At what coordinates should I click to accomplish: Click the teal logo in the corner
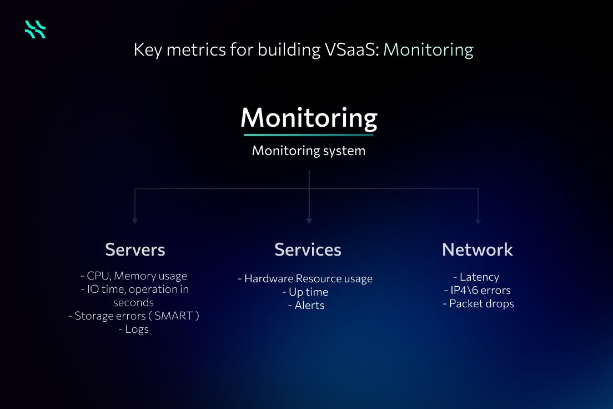point(35,29)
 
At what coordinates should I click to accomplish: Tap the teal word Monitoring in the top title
point(428,50)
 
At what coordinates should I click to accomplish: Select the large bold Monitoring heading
point(309,117)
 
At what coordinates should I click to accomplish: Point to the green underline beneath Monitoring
point(309,134)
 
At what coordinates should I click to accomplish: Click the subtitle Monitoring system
point(309,151)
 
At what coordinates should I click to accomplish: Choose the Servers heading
point(135,250)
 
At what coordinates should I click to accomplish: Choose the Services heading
point(308,250)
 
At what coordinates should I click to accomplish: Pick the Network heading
point(478,250)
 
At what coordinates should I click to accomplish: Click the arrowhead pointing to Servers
point(135,221)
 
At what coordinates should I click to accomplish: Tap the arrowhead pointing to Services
point(309,221)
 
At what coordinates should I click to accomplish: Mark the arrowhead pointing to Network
point(478,221)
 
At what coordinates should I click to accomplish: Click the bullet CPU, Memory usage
point(134,276)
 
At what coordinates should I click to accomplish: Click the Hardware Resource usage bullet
point(305,278)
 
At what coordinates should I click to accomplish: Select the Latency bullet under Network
point(476,277)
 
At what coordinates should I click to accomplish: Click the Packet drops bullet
point(478,303)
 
